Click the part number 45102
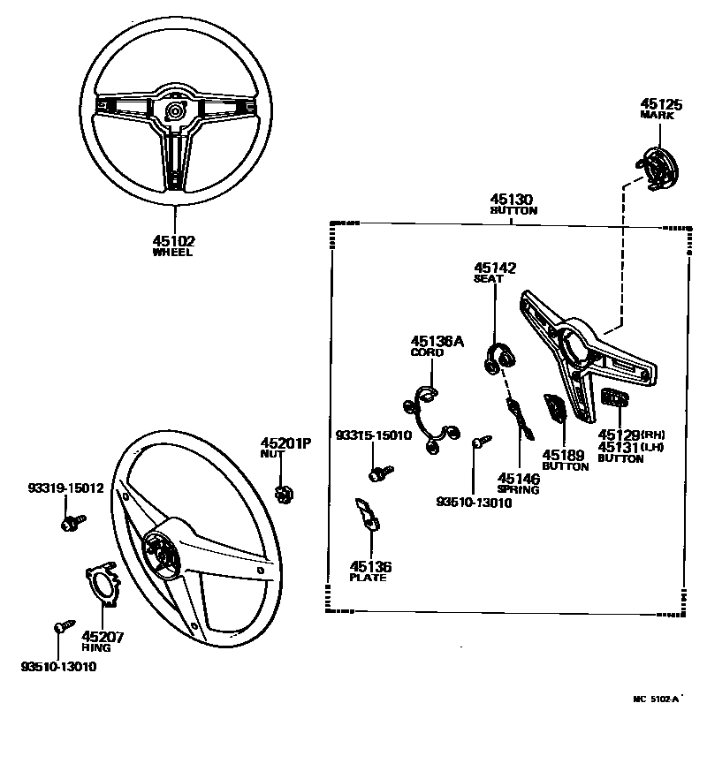click(x=172, y=240)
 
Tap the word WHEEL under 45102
click(x=172, y=253)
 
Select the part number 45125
click(x=661, y=104)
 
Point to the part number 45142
click(x=495, y=267)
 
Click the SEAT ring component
click(x=500, y=358)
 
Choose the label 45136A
click(x=437, y=341)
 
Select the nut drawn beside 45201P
click(x=285, y=493)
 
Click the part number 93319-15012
click(x=65, y=488)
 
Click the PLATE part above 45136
click(x=368, y=513)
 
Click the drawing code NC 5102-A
click(x=656, y=700)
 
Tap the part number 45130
click(x=513, y=200)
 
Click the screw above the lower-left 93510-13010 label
click(x=60, y=627)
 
